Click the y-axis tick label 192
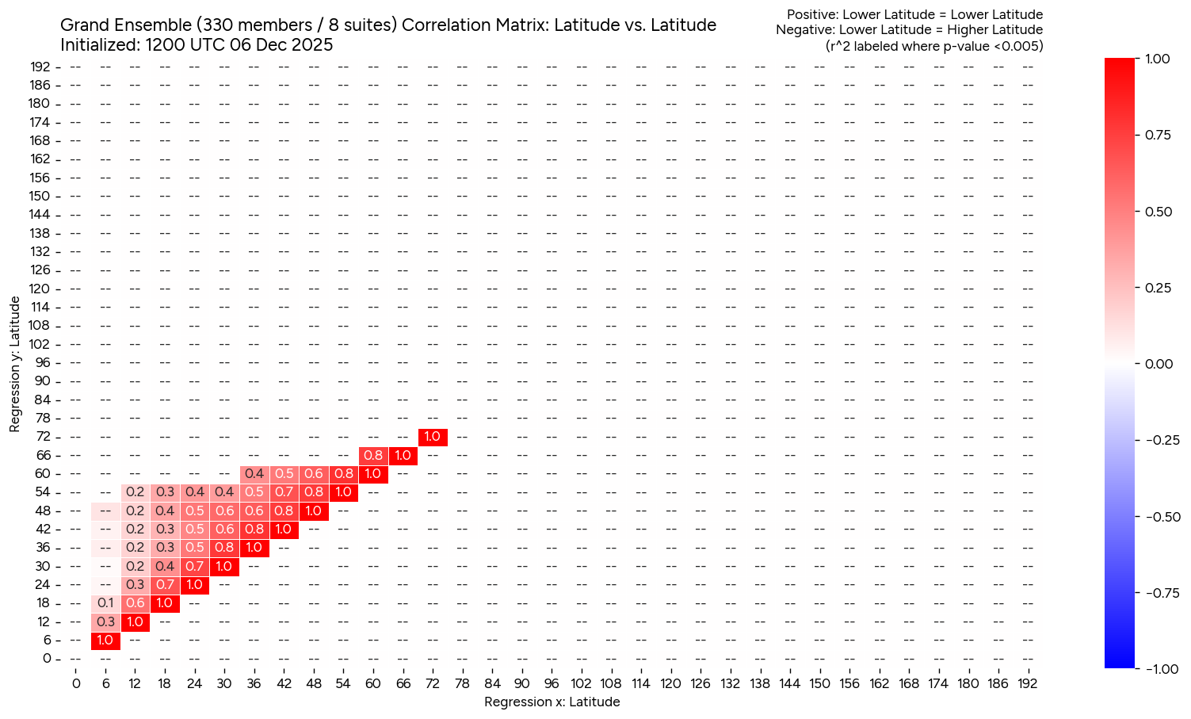(x=40, y=67)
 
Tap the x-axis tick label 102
(x=581, y=683)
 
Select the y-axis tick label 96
(x=43, y=362)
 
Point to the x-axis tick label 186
(x=997, y=683)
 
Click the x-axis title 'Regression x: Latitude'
(x=552, y=702)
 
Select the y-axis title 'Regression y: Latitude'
(x=15, y=364)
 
